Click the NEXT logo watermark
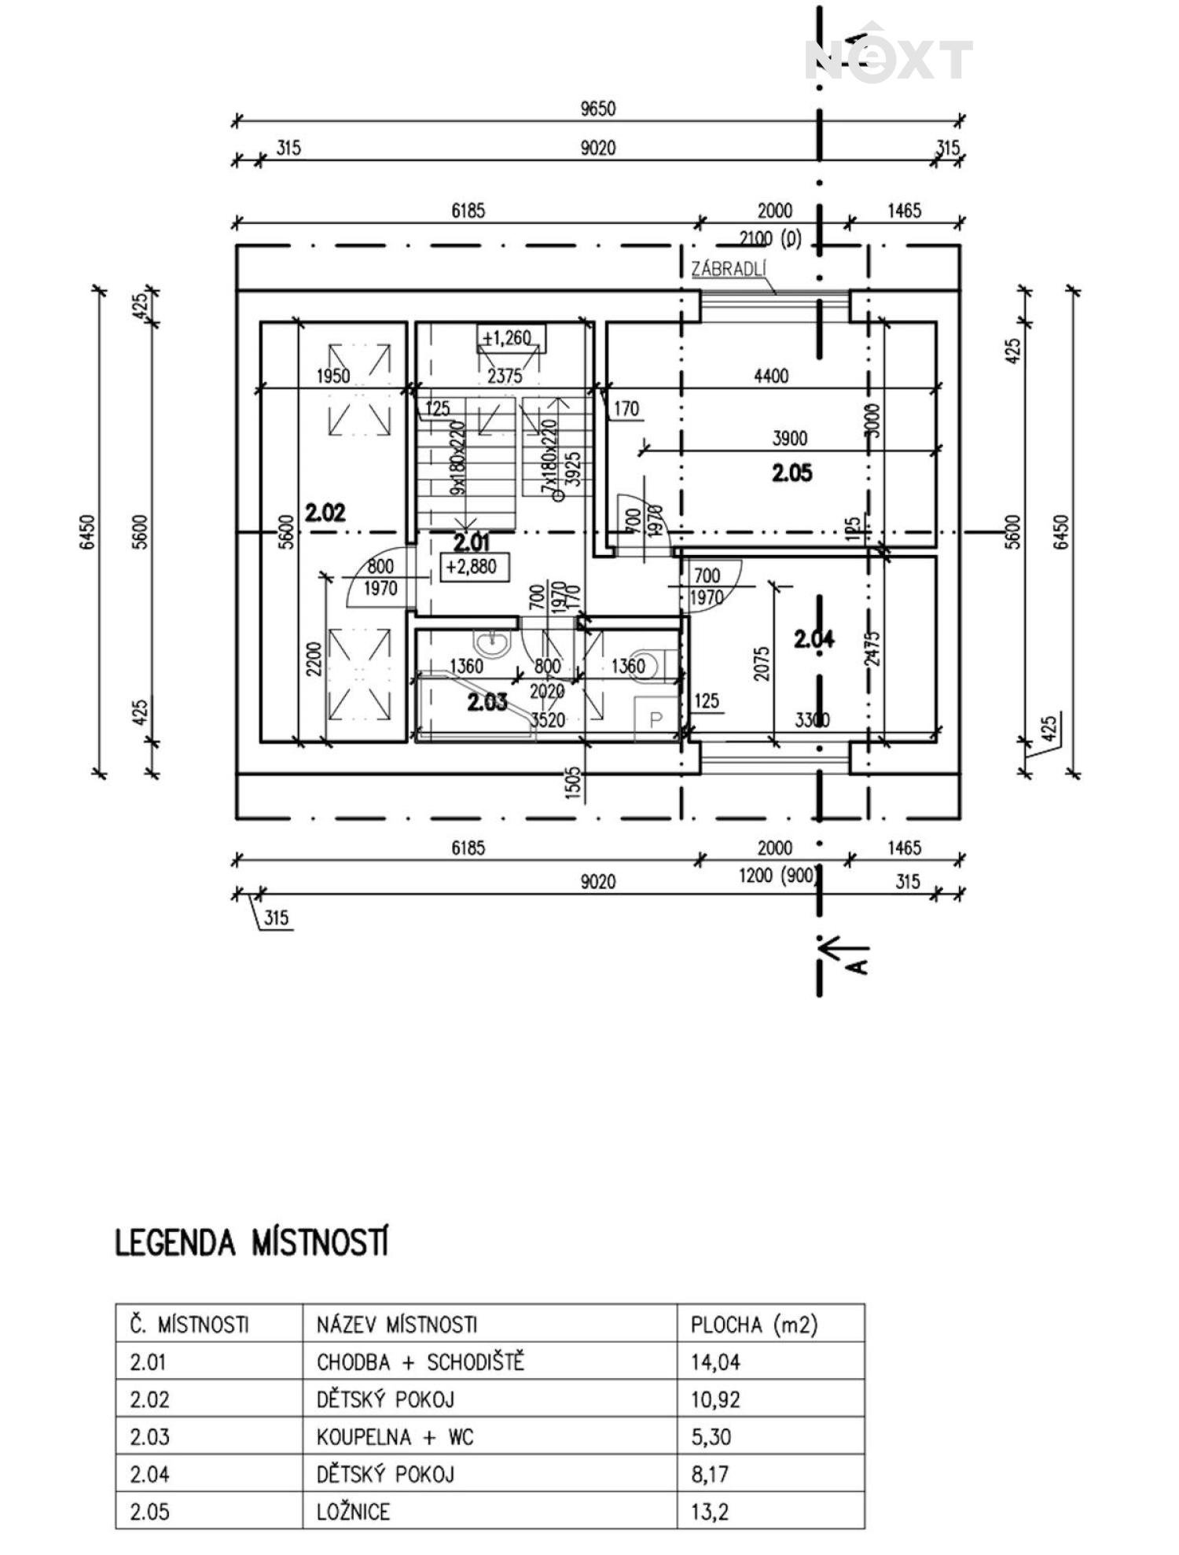pyautogui.click(x=888, y=59)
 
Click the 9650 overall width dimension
pyautogui.click(x=597, y=108)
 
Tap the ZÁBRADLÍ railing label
pyautogui.click(x=728, y=269)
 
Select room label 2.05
pyautogui.click(x=792, y=473)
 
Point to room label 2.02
pyautogui.click(x=325, y=513)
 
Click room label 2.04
pyautogui.click(x=814, y=639)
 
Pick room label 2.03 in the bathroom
pyautogui.click(x=487, y=701)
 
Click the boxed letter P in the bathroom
pyautogui.click(x=655, y=719)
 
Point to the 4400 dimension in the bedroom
pyautogui.click(x=770, y=376)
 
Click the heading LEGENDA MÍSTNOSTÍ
pyautogui.click(x=252, y=1244)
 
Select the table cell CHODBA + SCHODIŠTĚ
pyautogui.click(x=420, y=1362)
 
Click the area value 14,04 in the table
pyautogui.click(x=715, y=1362)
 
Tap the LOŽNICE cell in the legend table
pyautogui.click(x=353, y=1511)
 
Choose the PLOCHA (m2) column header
pyautogui.click(x=754, y=1325)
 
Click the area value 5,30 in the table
pyautogui.click(x=711, y=1437)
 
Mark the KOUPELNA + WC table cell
pyautogui.click(x=395, y=1437)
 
